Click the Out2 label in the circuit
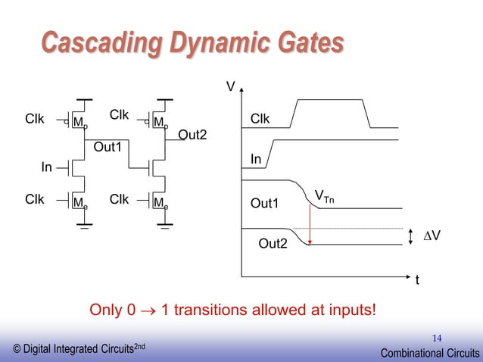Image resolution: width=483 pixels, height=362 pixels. [x=192, y=135]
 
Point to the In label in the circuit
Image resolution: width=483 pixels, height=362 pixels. [x=47, y=167]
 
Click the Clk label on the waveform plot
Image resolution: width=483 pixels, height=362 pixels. [x=260, y=120]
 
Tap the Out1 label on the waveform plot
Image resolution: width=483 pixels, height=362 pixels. [x=265, y=203]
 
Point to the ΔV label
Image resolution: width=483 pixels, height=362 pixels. [x=432, y=236]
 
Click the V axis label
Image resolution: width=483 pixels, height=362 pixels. [x=231, y=87]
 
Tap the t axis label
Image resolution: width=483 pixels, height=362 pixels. [x=416, y=280]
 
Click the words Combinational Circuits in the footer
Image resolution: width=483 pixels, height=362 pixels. [x=429, y=351]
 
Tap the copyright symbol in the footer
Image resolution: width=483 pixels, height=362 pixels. [x=17, y=348]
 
